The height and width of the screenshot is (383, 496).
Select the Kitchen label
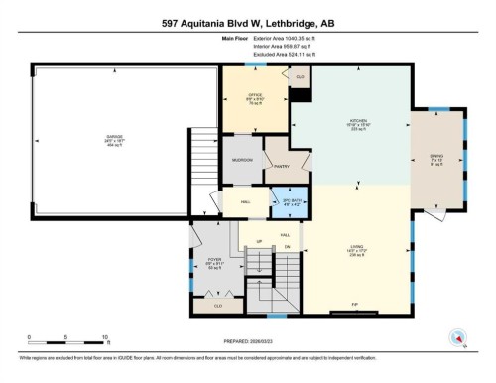(x=349, y=127)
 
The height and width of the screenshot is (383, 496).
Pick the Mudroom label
(x=242, y=160)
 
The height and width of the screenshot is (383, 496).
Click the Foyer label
(x=213, y=265)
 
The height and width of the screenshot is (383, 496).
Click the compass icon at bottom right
(x=458, y=338)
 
